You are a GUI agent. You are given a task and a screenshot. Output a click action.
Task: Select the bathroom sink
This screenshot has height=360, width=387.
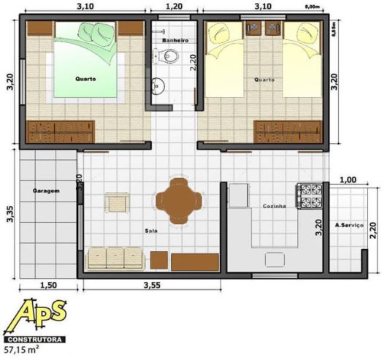point(158,88)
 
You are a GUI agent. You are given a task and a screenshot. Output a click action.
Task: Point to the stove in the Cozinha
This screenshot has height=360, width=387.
point(309,195)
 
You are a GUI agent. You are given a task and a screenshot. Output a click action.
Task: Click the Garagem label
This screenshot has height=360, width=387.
point(45,191)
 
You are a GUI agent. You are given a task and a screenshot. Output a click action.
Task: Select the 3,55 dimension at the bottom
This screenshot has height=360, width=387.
point(152,284)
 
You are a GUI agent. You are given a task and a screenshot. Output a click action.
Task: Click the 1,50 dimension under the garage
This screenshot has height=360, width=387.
point(47,284)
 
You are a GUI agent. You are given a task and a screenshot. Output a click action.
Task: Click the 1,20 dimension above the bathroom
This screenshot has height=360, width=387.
point(174,6)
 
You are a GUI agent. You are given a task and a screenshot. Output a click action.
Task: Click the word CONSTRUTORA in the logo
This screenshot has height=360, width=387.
point(34,340)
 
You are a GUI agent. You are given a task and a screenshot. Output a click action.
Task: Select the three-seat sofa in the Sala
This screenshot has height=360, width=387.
point(115,258)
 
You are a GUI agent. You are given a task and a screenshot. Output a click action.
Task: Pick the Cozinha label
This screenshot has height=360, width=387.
point(274,207)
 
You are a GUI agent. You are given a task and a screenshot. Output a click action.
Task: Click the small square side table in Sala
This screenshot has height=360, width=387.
point(117,202)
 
